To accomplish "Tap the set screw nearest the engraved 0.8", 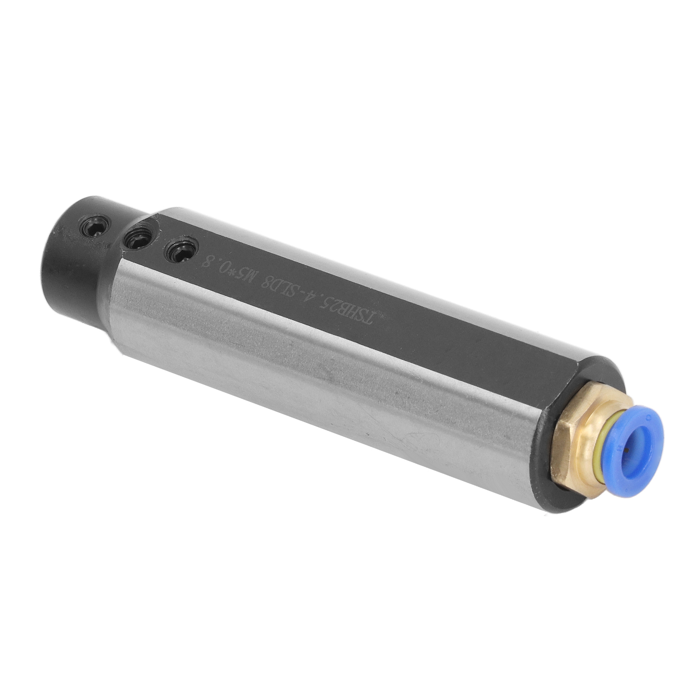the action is [x=180, y=251].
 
